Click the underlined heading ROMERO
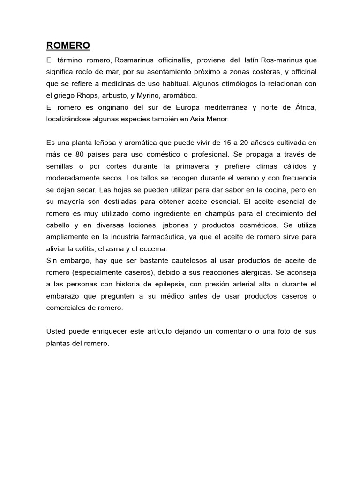68,45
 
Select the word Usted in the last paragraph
56,331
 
